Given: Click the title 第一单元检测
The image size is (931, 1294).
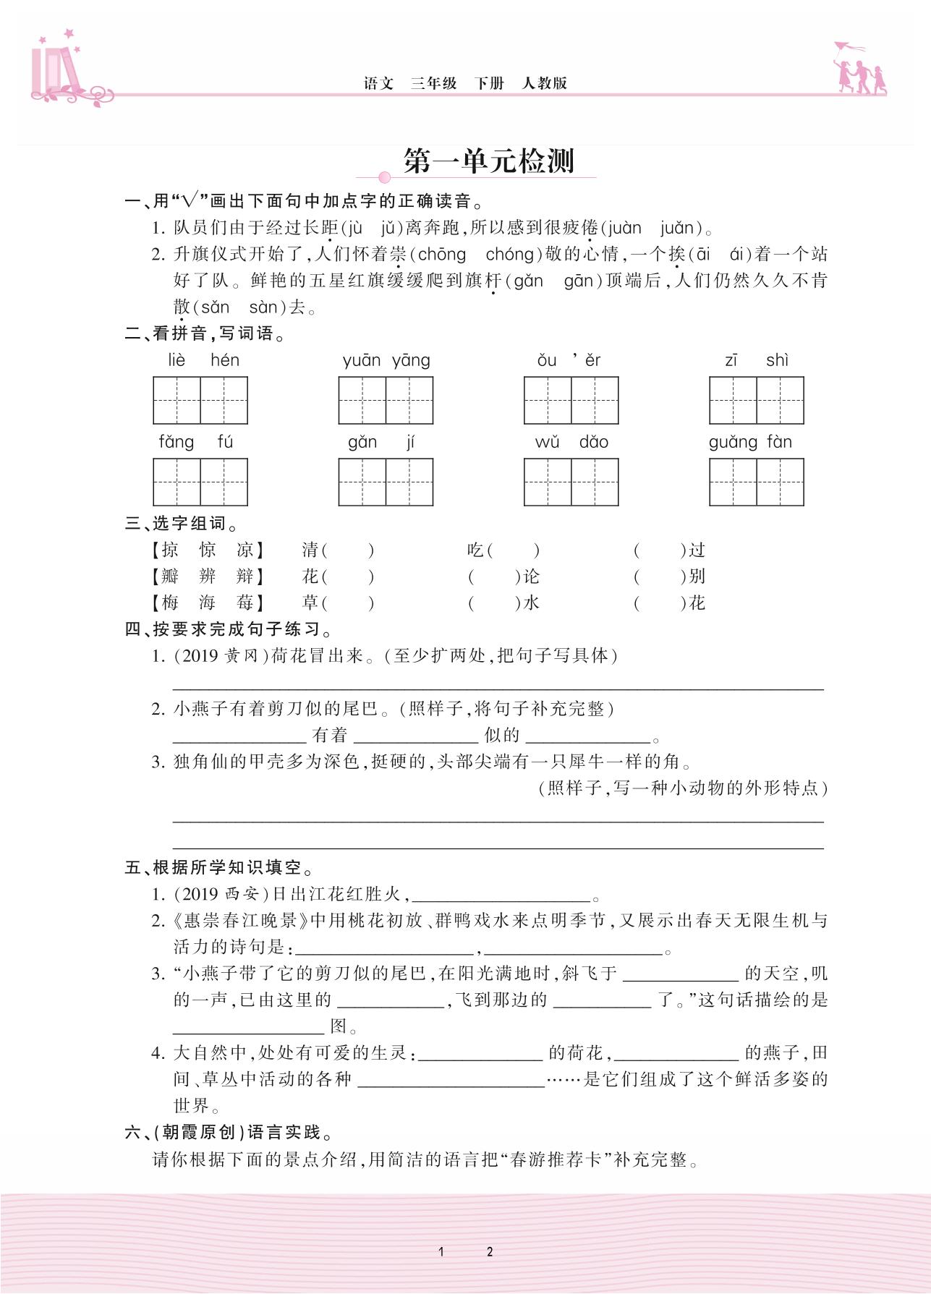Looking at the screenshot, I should pos(488,161).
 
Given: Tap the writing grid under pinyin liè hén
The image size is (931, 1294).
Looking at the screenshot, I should pos(200,400).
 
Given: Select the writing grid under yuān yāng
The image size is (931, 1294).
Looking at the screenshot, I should pos(386,400).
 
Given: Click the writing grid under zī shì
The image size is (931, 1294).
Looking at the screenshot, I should pos(756,400).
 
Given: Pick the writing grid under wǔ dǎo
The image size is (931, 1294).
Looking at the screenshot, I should pos(571,482).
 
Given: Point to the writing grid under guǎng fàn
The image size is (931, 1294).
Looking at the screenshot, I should pos(756,482).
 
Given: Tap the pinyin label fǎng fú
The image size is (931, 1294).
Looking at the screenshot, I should pos(196,442).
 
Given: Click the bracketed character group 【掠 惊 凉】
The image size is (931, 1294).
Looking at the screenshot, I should pos(207,550).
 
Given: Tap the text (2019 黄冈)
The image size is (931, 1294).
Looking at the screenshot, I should pos(220,656).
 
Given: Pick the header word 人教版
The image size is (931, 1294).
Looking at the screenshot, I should pos(544,83).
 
